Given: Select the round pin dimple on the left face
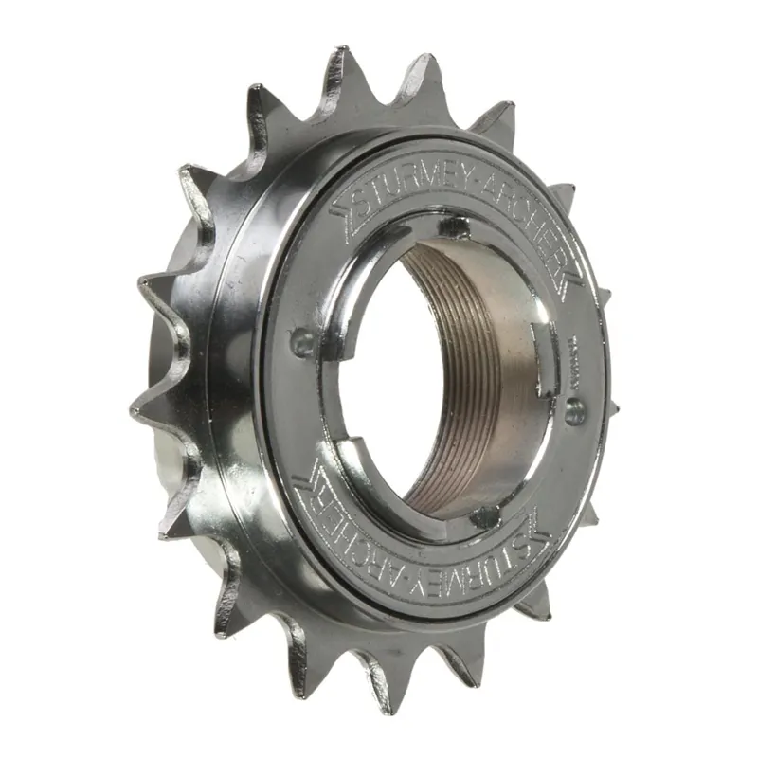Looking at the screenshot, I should (x=302, y=342).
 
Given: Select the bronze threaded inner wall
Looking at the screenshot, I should (x=474, y=379).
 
